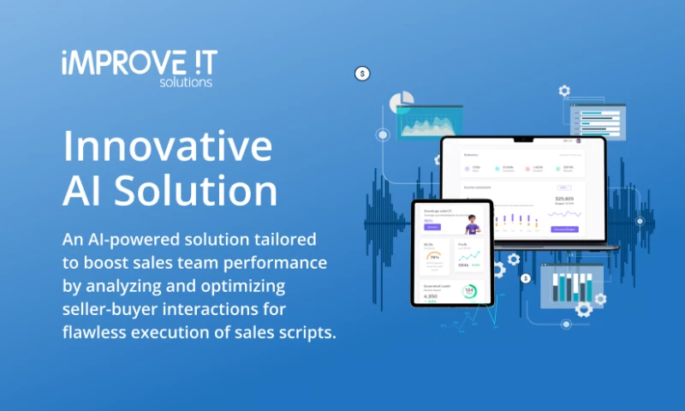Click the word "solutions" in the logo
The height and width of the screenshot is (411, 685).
click(186, 82)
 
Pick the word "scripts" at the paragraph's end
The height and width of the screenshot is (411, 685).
click(302, 332)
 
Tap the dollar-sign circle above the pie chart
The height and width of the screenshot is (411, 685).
click(362, 74)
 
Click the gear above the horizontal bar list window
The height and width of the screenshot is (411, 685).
click(564, 90)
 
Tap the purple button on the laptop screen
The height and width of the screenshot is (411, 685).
click(565, 229)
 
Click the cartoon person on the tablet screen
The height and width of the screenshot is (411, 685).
click(471, 223)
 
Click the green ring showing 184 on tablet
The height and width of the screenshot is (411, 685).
click(469, 293)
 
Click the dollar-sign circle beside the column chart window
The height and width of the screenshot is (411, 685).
click(526, 277)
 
